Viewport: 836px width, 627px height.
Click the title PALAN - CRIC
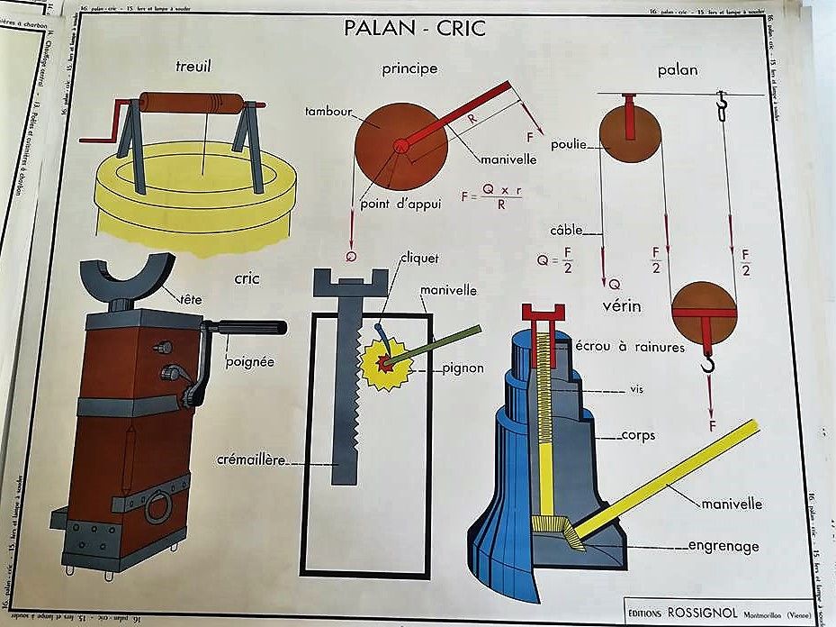point(414,28)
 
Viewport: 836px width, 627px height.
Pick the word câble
point(567,230)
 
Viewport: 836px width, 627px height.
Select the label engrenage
point(723,546)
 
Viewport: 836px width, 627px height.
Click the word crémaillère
point(250,459)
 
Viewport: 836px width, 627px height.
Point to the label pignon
point(463,368)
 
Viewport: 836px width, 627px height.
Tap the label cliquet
point(419,259)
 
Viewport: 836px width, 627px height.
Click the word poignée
point(251,362)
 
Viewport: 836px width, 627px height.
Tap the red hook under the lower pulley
point(708,363)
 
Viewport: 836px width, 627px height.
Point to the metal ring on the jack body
point(158,506)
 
